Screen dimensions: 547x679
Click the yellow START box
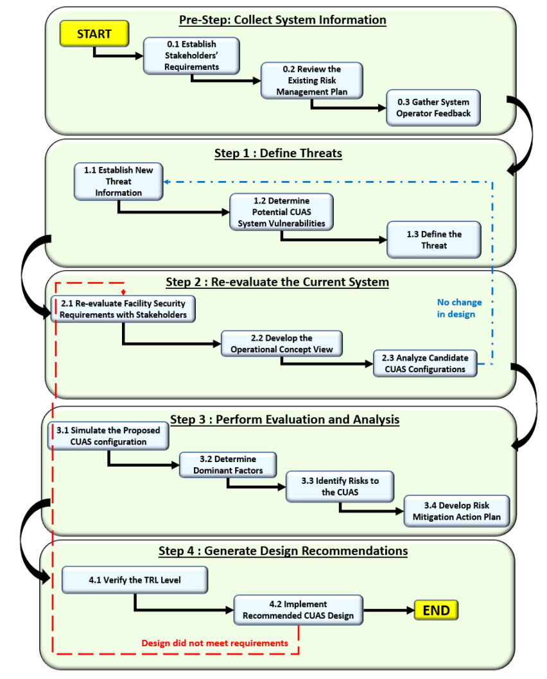coord(94,33)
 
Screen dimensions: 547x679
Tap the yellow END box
coord(436,610)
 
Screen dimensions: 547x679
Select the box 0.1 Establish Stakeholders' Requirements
coord(191,56)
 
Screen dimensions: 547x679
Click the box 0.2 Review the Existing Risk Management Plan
coord(312,81)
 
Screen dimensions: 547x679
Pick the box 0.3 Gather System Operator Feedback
coord(433,108)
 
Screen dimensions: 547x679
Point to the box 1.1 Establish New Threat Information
coord(119,182)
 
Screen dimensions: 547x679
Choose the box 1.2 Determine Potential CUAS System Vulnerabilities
coord(281,212)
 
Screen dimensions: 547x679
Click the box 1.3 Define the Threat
coord(434,240)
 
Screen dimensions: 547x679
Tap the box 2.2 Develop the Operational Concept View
coord(282,344)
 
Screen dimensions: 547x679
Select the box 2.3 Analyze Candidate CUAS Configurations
coord(425,364)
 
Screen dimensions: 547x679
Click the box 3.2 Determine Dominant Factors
coord(229,465)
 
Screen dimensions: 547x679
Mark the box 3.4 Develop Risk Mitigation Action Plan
coord(456,511)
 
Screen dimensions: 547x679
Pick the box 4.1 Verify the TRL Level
coord(135,580)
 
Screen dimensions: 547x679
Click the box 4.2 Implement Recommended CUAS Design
coord(299,610)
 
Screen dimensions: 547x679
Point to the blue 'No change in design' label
coord(459,308)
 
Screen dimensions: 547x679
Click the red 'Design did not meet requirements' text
coord(215,643)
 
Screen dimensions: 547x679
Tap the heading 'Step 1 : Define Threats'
coord(278,153)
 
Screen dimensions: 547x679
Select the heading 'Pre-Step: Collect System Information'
coord(282,20)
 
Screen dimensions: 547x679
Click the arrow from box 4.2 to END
coord(389,610)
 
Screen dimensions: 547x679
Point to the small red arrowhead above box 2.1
coord(123,293)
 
